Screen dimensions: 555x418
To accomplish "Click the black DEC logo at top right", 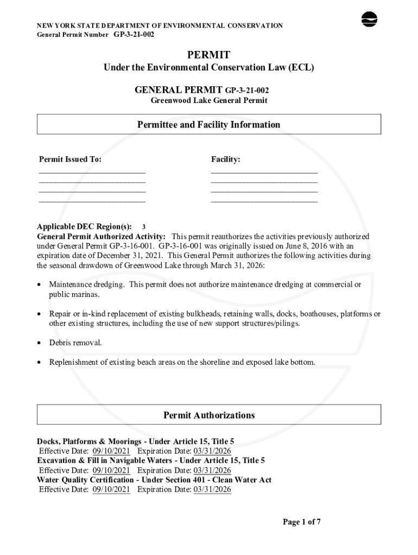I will click(x=369, y=19).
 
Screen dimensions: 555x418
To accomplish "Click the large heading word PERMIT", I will click(x=208, y=55).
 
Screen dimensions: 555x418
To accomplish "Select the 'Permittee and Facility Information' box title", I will click(x=208, y=125).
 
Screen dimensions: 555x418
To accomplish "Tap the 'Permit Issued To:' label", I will click(x=70, y=159).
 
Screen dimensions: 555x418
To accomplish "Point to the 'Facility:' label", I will click(x=225, y=159).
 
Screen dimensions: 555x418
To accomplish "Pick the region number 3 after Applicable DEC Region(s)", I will click(x=143, y=227).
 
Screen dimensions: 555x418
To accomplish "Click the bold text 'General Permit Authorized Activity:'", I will click(x=102, y=237).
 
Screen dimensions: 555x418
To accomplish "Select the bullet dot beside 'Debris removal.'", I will click(x=40, y=343).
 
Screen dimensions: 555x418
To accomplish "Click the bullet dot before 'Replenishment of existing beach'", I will click(x=40, y=363).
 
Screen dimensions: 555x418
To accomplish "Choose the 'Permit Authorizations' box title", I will click(x=208, y=415).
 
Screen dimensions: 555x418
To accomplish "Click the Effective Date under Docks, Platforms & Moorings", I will click(x=111, y=451).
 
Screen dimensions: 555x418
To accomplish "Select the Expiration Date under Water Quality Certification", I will click(x=212, y=489).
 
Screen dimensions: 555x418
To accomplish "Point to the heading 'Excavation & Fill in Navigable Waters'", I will click(x=105, y=461).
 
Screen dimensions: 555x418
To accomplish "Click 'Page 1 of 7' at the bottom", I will click(x=302, y=522).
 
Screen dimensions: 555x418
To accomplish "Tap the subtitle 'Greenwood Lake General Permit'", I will click(x=208, y=101).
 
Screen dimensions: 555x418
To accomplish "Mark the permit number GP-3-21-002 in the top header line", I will click(x=134, y=34).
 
